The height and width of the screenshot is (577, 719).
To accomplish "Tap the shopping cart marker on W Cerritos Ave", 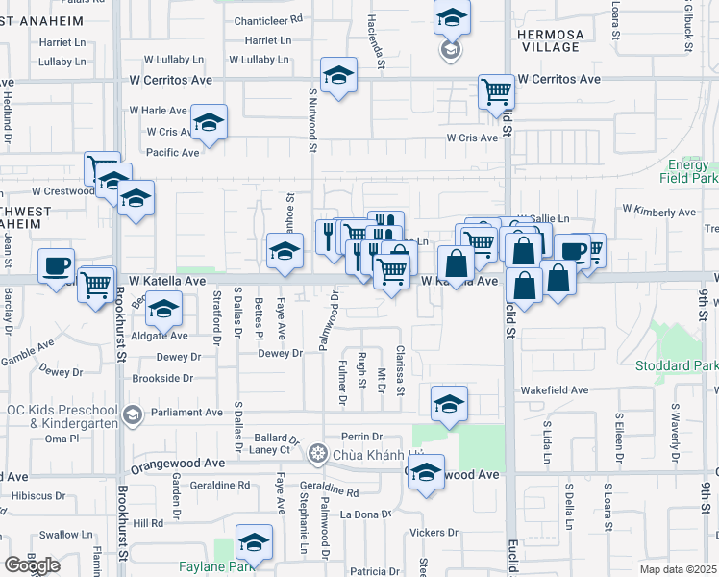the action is [496, 91].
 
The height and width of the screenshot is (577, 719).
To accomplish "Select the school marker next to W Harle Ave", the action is [209, 121].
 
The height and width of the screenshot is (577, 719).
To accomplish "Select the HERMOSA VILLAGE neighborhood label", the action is [549, 40].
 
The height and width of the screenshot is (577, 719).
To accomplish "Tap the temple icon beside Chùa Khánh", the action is [319, 454].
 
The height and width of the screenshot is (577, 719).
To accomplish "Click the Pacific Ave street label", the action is [173, 152].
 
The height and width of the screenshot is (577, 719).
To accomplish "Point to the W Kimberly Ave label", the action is [658, 211].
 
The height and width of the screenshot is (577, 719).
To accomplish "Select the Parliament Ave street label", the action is [186, 413].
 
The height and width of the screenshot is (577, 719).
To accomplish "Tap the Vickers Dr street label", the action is [433, 532].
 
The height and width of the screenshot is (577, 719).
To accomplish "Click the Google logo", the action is [33, 565].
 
